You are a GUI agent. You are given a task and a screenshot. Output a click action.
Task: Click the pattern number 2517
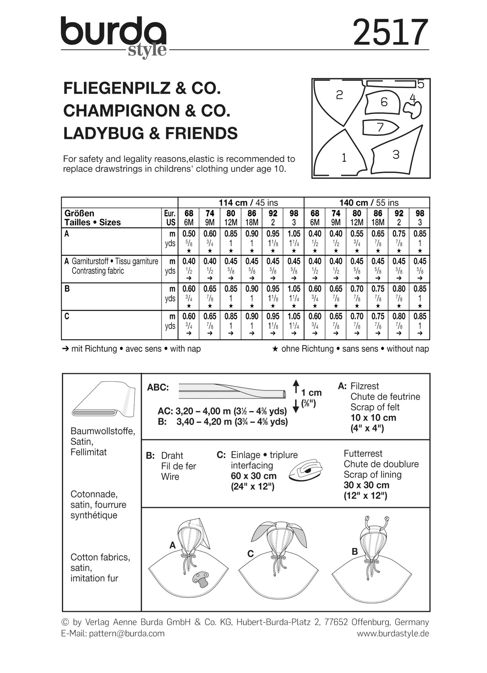click(x=390, y=32)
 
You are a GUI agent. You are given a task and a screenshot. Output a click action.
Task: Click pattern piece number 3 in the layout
click(x=396, y=154)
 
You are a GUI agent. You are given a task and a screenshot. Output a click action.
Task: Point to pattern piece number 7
click(x=380, y=127)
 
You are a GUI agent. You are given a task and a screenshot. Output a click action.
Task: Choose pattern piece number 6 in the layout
click(x=384, y=102)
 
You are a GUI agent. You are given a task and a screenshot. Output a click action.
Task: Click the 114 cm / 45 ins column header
click(x=241, y=203)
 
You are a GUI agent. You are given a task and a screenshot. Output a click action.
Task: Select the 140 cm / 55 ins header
click(x=367, y=203)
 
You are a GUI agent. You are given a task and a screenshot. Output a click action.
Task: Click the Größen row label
click(x=79, y=213)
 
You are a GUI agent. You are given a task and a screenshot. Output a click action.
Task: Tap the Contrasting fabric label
click(x=98, y=271)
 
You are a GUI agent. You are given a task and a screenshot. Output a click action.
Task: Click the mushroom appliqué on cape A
click(x=200, y=578)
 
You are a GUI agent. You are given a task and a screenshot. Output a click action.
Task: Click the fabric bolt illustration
click(x=103, y=399)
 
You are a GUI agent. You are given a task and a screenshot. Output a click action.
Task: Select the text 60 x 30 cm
click(x=253, y=476)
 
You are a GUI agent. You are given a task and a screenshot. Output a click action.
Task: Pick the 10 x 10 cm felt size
click(x=373, y=418)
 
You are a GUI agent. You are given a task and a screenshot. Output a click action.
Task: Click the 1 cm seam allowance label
click(x=311, y=393)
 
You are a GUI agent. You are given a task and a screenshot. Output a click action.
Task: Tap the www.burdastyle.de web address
click(x=393, y=634)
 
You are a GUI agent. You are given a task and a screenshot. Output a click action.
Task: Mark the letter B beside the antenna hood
click(x=355, y=551)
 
